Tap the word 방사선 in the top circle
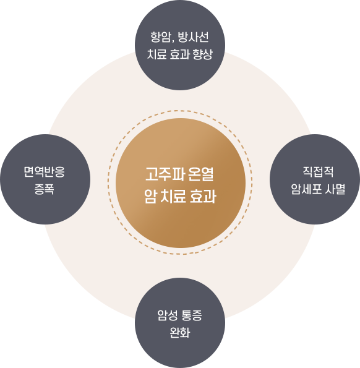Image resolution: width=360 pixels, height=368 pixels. point(193,37)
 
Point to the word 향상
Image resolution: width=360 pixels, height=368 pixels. point(202,54)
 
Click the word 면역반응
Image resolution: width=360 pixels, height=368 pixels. point(44,172)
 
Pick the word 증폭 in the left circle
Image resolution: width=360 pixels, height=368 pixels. point(45,189)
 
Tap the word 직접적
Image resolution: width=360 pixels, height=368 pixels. point(318,172)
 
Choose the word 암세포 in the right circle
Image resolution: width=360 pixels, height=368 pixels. point(306,189)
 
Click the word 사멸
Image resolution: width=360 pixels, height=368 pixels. point(335,189)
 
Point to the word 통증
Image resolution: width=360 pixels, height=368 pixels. point(192,315)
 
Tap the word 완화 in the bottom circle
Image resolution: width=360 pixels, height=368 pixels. point(180,332)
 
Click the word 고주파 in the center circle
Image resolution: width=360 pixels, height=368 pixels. point(165,174)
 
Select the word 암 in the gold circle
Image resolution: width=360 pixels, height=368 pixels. point(150,196)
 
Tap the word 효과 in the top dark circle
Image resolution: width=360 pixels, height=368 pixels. point(179,54)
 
